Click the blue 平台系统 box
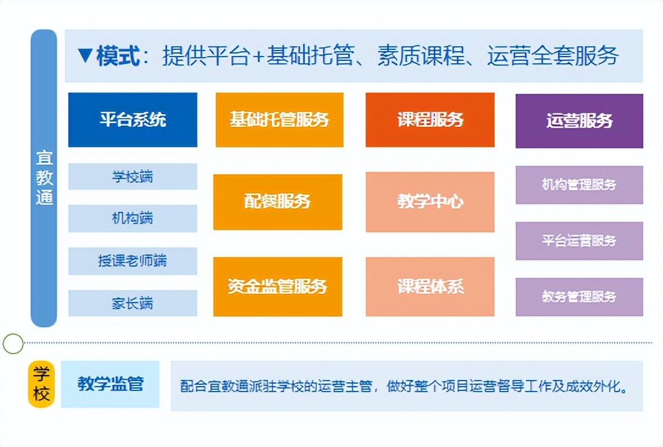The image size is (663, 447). click(132, 119)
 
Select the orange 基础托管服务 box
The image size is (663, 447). click(279, 119)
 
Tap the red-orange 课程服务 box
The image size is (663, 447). click(430, 119)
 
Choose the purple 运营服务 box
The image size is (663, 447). click(579, 121)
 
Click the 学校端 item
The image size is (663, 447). click(132, 177)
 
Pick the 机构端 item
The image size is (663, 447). click(132, 218)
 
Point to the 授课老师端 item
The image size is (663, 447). click(132, 261)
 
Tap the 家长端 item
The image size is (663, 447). click(132, 303)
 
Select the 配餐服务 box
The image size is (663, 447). click(277, 202)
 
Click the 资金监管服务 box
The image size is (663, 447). click(277, 286)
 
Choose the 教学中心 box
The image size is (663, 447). click(430, 202)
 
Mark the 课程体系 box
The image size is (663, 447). click(430, 286)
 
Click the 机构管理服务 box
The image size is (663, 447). click(579, 185)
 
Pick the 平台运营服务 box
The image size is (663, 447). click(579, 241)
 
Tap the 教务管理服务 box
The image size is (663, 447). click(579, 297)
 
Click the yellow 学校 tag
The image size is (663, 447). click(41, 384)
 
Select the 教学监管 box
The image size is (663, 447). click(110, 384)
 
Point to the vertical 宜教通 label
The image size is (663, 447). click(44, 178)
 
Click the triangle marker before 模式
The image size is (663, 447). click(85, 56)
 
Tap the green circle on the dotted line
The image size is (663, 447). click(13, 344)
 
